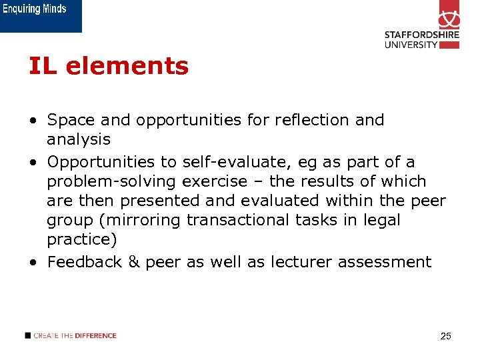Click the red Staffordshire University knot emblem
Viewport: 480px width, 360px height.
pos(449,15)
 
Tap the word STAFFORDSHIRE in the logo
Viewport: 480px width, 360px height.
pos(421,35)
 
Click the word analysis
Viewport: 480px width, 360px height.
pos(78,139)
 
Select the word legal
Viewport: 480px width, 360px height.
pos(383,220)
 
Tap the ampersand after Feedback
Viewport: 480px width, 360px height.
pos(133,262)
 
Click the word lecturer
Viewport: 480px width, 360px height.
pos(301,262)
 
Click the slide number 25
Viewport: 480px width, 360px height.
pos(446,336)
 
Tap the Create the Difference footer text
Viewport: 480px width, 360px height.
pos(74,335)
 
